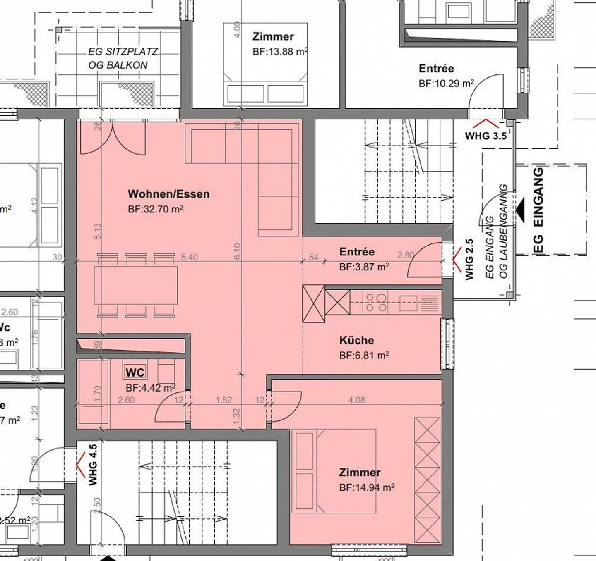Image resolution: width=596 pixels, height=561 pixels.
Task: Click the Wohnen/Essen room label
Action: (168, 194)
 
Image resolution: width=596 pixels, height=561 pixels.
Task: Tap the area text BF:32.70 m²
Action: (155, 209)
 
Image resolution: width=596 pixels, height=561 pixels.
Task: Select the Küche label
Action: (356, 340)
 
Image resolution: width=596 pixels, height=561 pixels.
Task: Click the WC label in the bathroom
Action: (135, 372)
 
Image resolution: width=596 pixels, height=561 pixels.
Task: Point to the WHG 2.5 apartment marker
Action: (469, 260)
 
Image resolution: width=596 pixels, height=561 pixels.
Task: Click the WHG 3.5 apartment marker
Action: (485, 136)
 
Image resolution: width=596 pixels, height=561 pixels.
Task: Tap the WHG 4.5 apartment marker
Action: (93, 465)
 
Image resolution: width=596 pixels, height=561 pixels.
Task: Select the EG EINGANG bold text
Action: (538, 210)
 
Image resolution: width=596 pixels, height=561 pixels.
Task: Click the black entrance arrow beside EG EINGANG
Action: (520, 210)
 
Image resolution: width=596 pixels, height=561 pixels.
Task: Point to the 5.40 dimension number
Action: (189, 257)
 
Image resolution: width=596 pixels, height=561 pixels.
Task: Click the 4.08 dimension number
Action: (356, 400)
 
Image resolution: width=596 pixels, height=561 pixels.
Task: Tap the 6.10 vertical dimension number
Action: (237, 251)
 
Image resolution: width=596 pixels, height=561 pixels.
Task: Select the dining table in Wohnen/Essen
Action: (136, 285)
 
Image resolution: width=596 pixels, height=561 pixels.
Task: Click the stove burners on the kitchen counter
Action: (376, 302)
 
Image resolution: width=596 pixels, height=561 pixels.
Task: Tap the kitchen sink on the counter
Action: (408, 303)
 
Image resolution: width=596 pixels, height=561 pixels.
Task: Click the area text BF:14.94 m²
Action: (366, 488)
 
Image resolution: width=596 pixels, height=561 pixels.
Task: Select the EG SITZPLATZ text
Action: (123, 52)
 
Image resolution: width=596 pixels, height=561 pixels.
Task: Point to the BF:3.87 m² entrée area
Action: (364, 267)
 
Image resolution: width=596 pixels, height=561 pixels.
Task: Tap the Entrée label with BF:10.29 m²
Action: (436, 69)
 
